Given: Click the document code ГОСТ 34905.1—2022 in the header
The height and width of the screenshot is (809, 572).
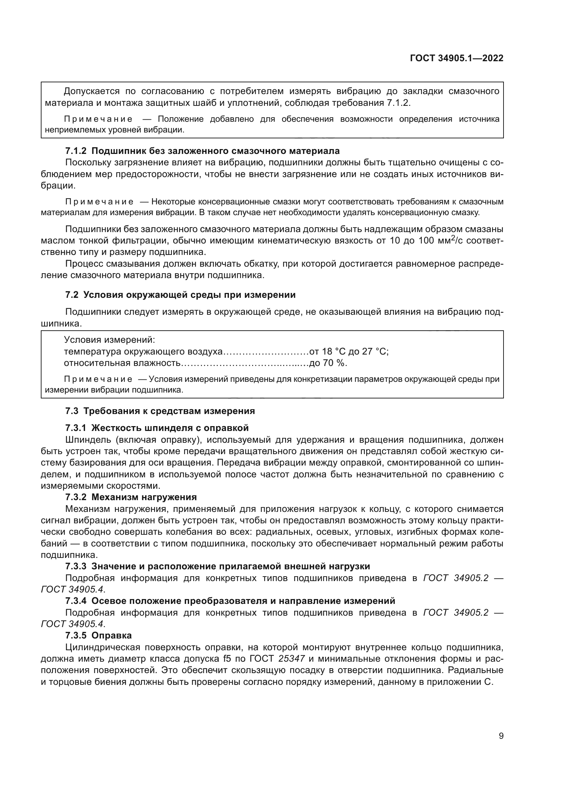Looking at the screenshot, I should click(456, 58).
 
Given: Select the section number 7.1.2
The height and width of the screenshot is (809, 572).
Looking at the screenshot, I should click(76, 151).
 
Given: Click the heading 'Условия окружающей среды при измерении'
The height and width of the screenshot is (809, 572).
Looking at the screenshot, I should click(189, 295).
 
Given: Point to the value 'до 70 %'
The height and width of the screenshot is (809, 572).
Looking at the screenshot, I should click(328, 363).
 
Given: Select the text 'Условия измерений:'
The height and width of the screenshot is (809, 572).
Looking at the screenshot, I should click(110, 340).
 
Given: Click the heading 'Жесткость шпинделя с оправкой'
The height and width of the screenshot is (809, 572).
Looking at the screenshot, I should click(170, 428).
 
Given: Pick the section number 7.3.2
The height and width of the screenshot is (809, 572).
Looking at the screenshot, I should click(76, 497).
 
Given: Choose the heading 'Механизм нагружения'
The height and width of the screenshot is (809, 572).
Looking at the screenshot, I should click(144, 497).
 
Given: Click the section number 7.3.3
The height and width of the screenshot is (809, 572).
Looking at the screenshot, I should click(76, 566).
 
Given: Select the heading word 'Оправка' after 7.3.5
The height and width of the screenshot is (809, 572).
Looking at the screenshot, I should click(112, 635).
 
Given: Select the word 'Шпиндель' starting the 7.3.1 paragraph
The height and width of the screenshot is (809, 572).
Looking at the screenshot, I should click(86, 440).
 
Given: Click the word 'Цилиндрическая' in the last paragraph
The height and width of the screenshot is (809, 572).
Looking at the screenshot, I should click(103, 647).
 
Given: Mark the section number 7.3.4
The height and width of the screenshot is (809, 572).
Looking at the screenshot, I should click(76, 601).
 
